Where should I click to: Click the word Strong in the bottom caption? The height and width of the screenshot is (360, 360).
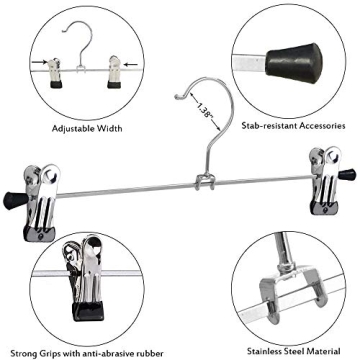(26, 353)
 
